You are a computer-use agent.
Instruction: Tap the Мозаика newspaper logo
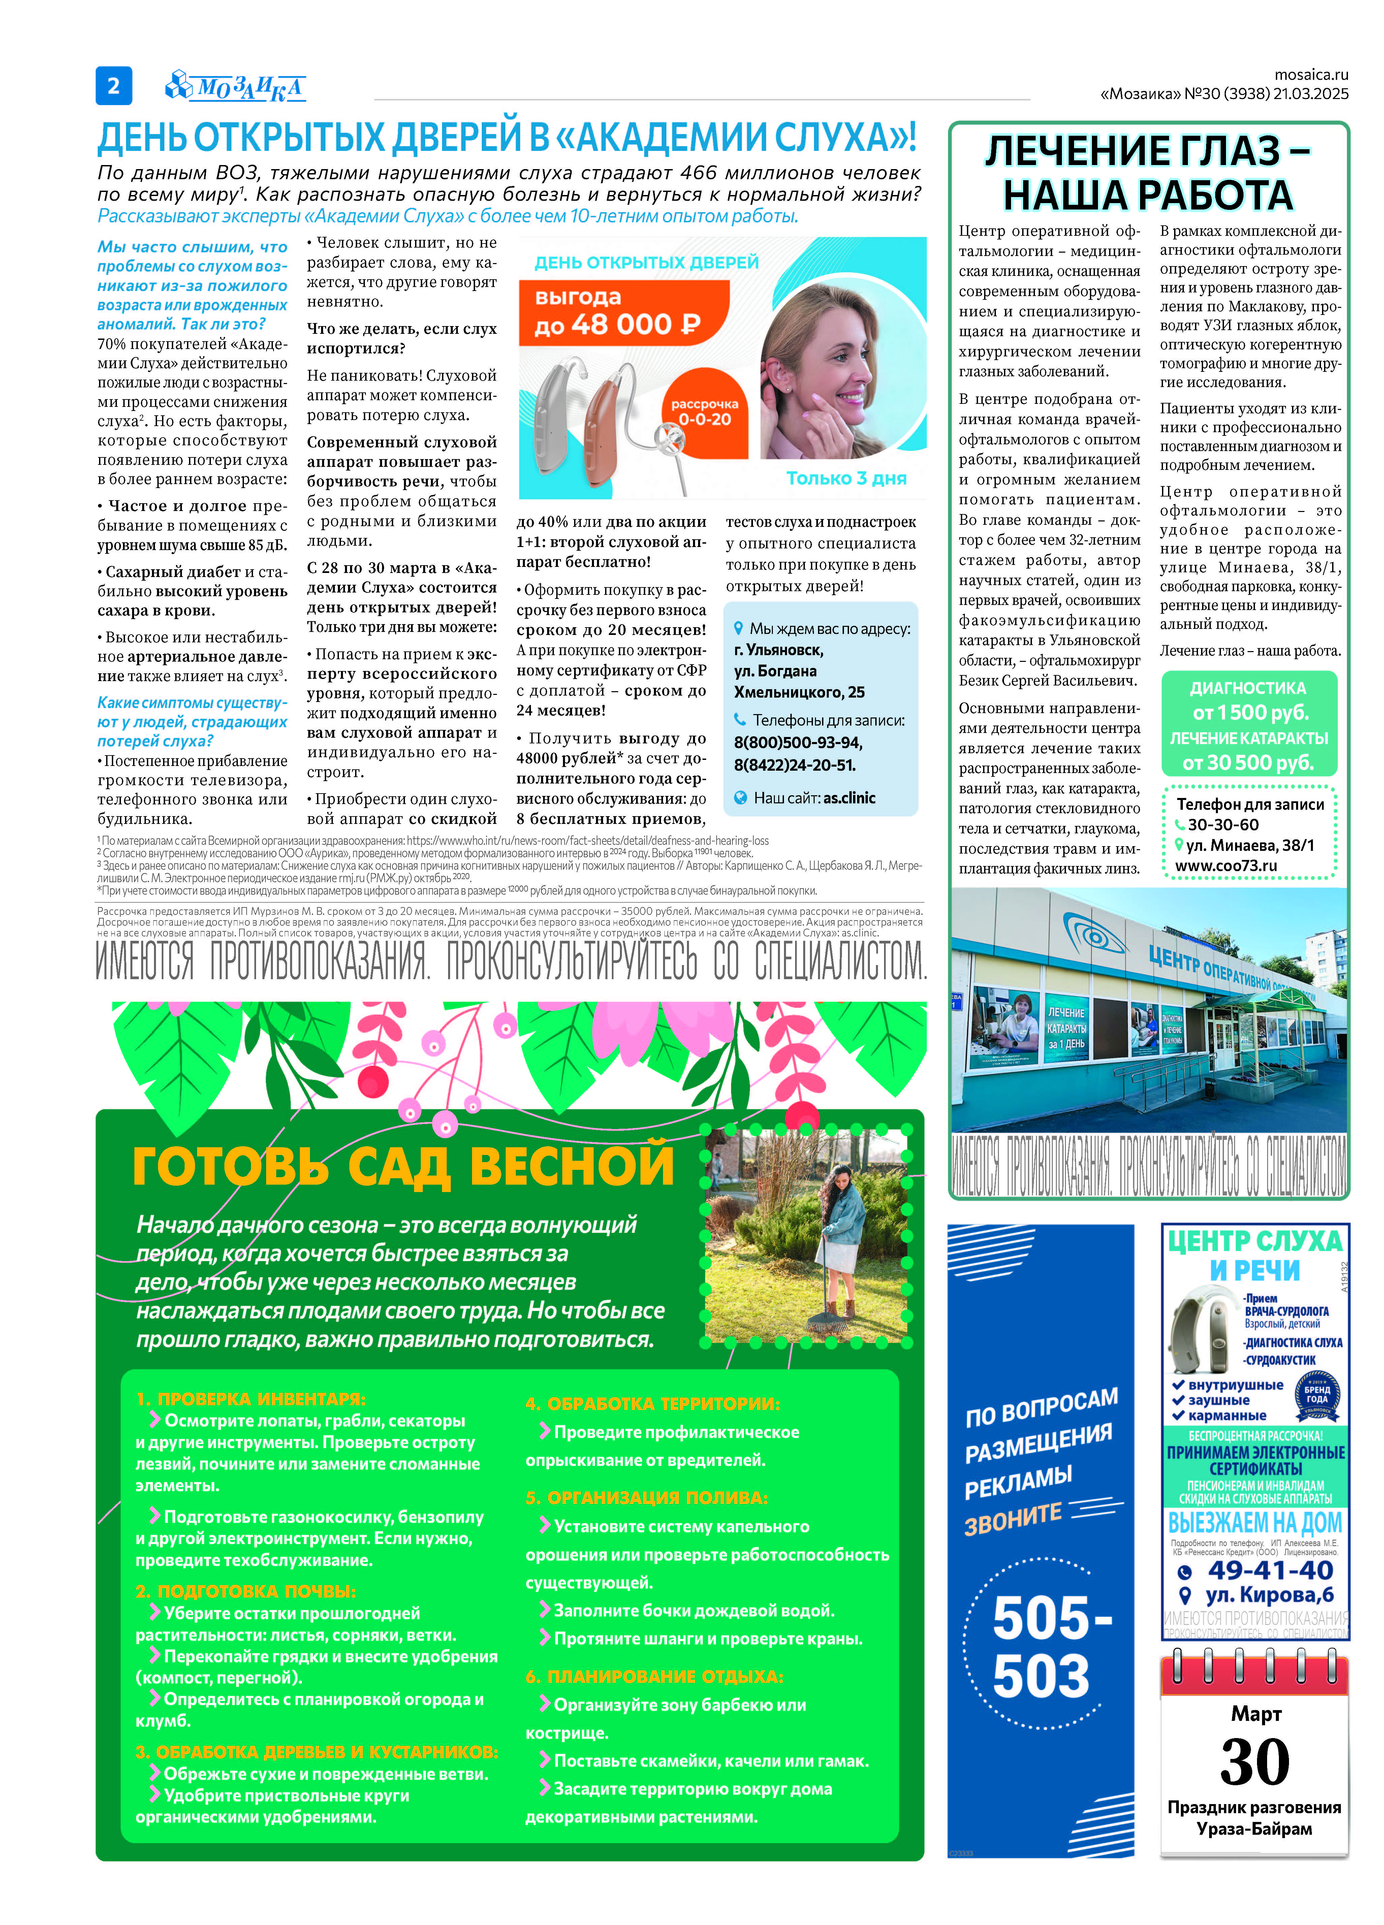pyautogui.click(x=235, y=87)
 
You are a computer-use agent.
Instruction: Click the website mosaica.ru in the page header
pyautogui.click(x=1310, y=75)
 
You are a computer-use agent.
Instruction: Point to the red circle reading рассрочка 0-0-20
pyautogui.click(x=704, y=413)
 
